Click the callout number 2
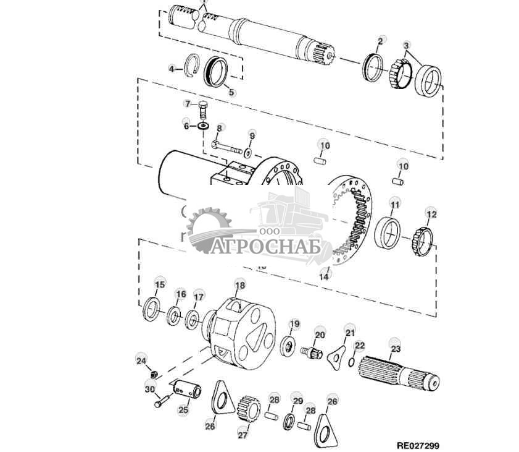pos(381,40)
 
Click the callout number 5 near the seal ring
pos(231,93)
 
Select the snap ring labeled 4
pos(193,65)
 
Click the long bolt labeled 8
pos(226,147)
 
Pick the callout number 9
pos(252,135)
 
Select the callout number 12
pos(431,215)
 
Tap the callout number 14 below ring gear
pos(324,277)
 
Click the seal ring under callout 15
pos(152,309)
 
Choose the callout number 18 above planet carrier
pos(240,285)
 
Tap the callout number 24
pos(141,360)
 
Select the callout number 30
pos(149,389)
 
